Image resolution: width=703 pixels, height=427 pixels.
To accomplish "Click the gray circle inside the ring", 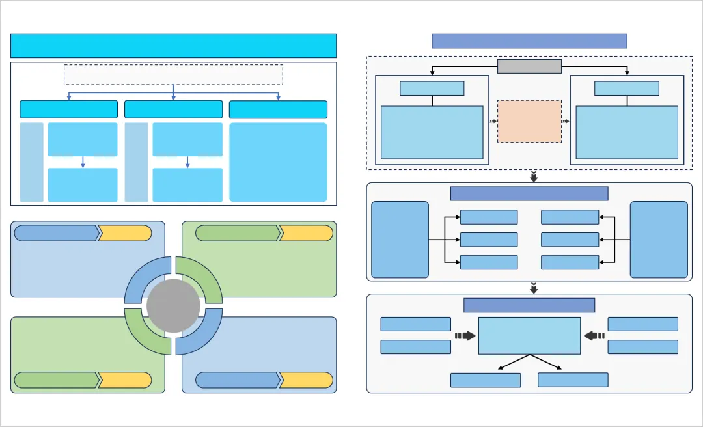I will point(173,306).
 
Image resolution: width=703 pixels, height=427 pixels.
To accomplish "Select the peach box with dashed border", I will point(529,121).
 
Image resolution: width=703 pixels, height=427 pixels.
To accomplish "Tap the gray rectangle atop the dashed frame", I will point(529,66).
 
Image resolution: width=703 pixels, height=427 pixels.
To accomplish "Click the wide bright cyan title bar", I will point(173,46).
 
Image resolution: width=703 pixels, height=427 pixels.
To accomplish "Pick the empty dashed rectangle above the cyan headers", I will point(173,75).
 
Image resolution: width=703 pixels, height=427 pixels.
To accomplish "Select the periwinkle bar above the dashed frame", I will point(529,41).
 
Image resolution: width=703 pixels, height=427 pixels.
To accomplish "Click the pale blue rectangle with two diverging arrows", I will point(529,336).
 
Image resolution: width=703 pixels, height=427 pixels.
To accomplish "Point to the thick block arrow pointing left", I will point(594,336).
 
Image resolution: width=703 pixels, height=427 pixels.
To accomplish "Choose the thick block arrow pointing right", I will point(465,336).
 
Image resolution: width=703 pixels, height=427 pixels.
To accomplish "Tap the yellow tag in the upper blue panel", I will point(125,233).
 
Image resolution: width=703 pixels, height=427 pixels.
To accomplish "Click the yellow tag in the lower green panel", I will point(125,380).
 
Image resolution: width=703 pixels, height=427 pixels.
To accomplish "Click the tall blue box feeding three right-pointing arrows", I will point(400,240).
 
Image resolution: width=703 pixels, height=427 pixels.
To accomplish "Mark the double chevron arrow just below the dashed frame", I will point(534,176).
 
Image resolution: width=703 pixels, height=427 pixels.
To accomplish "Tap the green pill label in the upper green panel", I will point(238,233).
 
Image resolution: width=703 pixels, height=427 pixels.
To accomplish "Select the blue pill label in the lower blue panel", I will point(238,380).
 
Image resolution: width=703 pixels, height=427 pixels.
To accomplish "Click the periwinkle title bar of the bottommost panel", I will point(529,305).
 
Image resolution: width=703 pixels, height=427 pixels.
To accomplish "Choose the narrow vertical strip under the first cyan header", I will point(32,162).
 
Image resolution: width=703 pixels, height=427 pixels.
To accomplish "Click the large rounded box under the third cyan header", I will point(278,162).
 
